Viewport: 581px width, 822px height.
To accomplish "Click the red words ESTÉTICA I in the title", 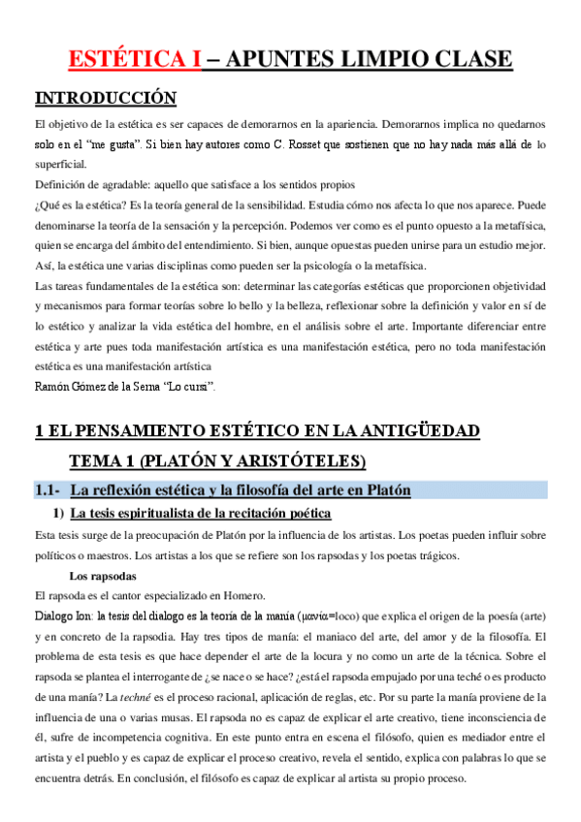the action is pos(135,60).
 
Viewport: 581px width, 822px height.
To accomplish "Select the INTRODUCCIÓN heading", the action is pos(106,98).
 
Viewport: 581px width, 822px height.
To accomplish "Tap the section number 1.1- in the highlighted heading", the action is pos(48,490).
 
